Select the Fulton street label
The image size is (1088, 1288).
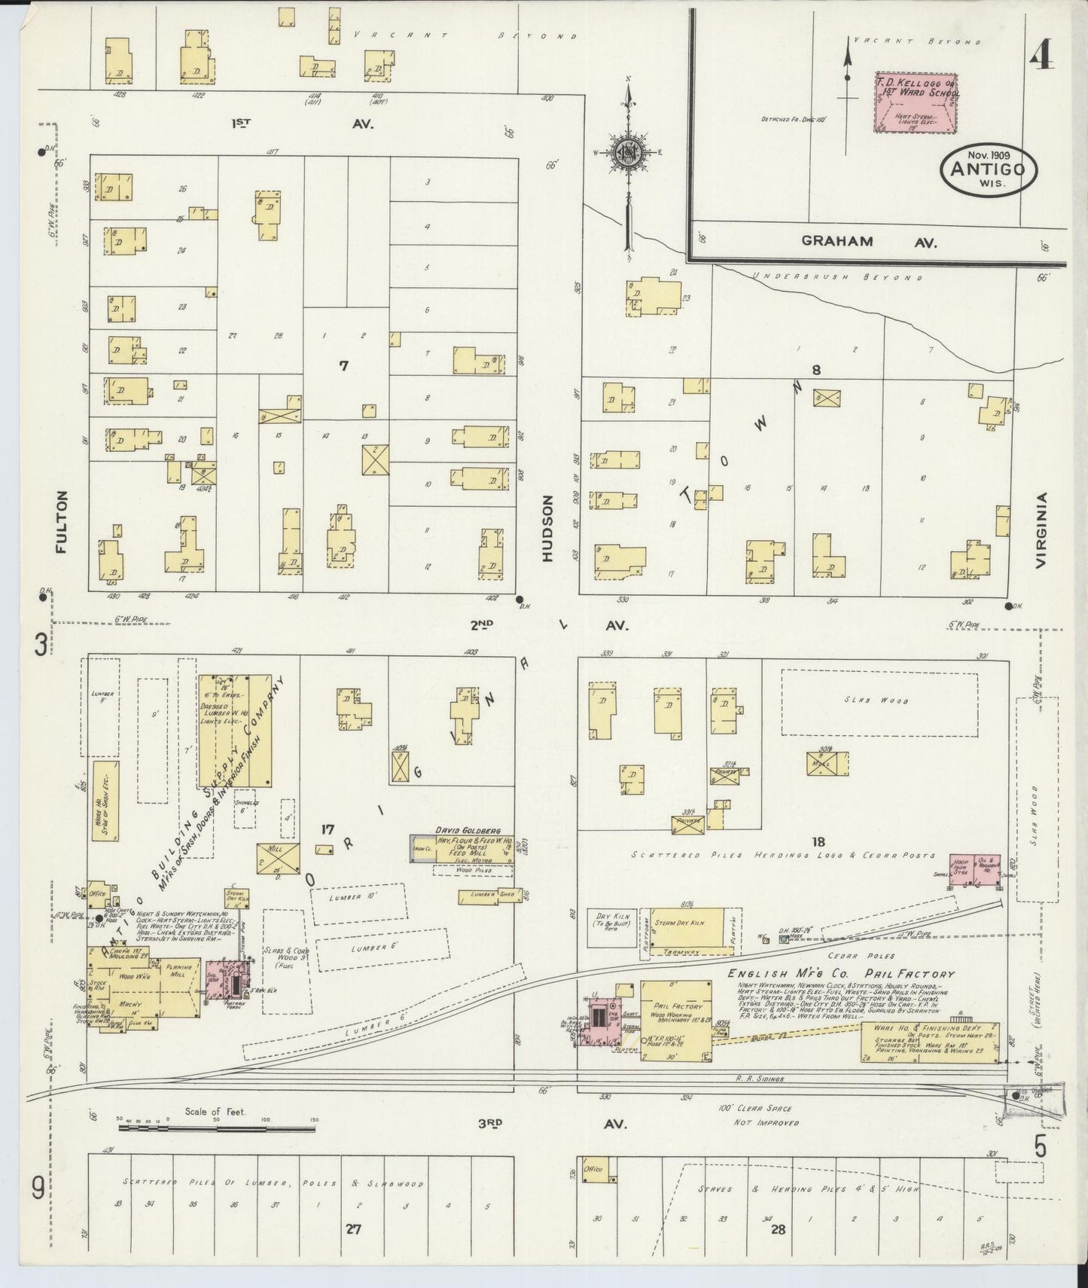click(x=61, y=521)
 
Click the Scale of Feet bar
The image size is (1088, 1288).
click(x=217, y=1128)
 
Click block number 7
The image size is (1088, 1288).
click(x=343, y=366)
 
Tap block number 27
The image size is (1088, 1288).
click(x=352, y=1228)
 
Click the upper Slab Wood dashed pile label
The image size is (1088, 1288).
click(x=879, y=701)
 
